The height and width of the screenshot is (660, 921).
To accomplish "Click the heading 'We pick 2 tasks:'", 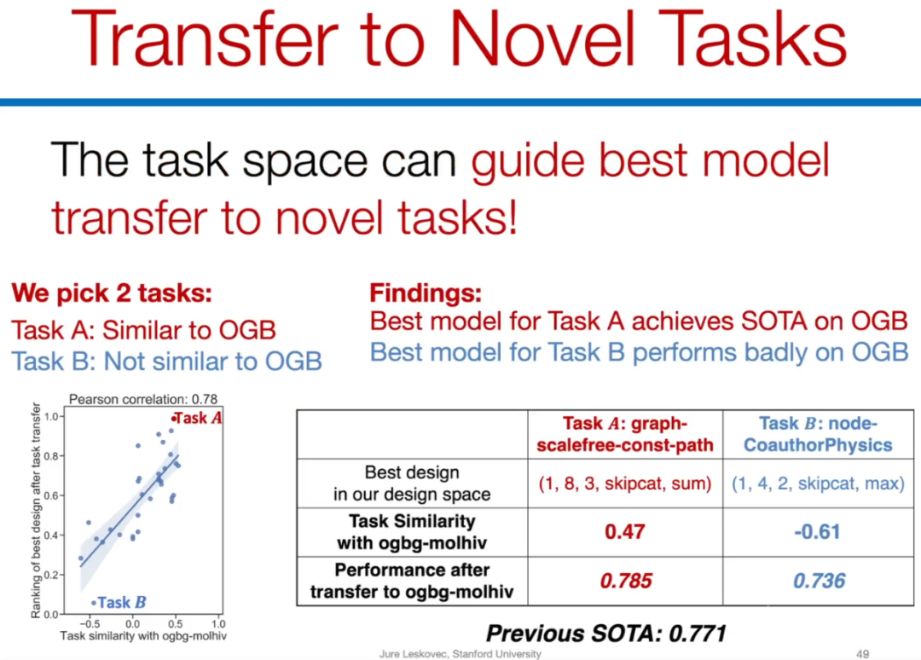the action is (x=112, y=293).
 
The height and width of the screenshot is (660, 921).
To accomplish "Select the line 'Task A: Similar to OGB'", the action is (x=144, y=330).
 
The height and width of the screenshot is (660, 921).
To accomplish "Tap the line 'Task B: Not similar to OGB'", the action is (x=167, y=361).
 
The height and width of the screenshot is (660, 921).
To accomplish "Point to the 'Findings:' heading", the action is (x=426, y=292).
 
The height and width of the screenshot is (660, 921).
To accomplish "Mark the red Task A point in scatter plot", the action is (x=173, y=418).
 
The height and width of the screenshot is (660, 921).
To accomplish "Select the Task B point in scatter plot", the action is (x=94, y=603).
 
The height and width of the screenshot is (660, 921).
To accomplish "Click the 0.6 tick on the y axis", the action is (x=52, y=495).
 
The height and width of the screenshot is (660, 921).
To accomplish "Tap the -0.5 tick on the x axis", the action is (x=89, y=623).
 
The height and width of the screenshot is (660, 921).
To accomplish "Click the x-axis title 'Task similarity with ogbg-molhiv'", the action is (x=143, y=636).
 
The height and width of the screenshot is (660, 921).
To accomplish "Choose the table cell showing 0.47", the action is (x=625, y=531).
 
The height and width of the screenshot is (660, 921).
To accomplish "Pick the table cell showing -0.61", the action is (x=818, y=531).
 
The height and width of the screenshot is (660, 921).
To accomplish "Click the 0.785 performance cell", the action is (x=626, y=581).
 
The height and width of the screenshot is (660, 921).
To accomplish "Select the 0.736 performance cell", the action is (x=819, y=581).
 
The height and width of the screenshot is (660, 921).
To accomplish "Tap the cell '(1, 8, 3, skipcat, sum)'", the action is (x=625, y=483).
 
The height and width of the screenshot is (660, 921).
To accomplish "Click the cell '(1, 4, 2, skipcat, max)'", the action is (x=818, y=483).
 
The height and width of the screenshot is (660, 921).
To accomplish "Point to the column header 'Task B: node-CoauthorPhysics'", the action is (x=818, y=434).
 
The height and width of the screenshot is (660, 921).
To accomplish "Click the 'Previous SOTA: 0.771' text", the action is (x=606, y=634).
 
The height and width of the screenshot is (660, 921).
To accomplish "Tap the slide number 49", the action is (x=862, y=653).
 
